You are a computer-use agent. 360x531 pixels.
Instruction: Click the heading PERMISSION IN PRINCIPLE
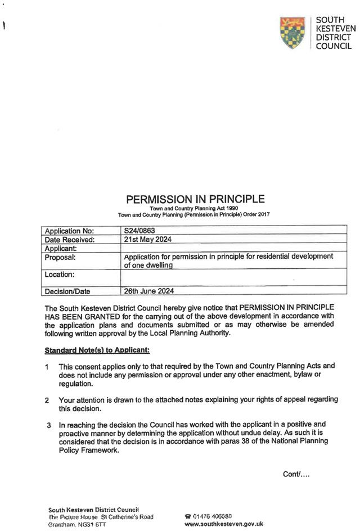[195, 199]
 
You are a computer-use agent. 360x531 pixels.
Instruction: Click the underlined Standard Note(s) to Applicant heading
[97, 350]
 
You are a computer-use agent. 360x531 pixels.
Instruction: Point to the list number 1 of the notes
[47, 367]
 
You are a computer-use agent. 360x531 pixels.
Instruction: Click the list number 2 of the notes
[47, 400]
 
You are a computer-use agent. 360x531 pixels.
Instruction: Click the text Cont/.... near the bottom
[296, 474]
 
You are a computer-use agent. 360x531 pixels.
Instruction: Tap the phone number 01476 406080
[211, 516]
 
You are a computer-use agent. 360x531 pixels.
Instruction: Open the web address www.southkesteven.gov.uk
[224, 524]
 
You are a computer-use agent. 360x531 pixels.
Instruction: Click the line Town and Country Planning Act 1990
[195, 209]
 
